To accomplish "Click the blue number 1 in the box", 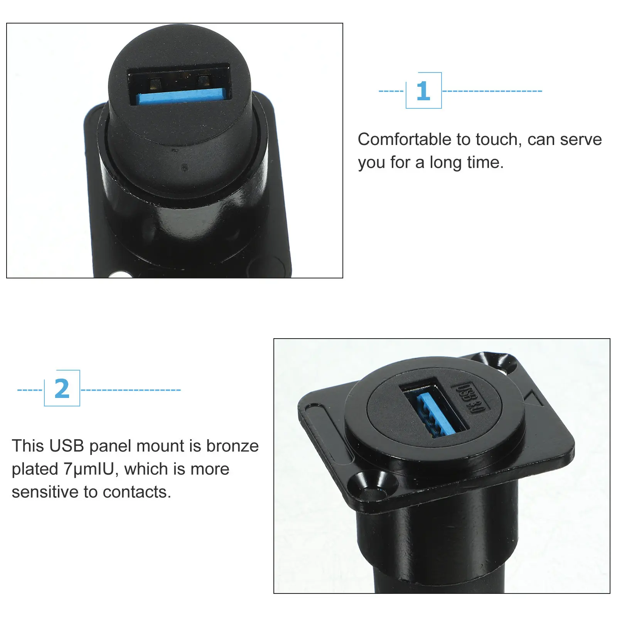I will point(423,91).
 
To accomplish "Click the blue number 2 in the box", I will point(62,389).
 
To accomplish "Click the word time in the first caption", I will point(485,162).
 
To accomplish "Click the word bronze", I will point(233,446).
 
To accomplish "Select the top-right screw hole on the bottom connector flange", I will point(501,363).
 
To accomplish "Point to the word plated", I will point(35,469).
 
